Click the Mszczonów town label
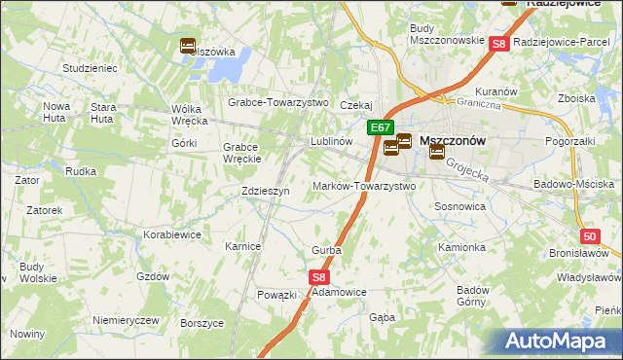pos(452,140)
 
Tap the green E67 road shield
pos(381,127)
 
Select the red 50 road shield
pos(590,236)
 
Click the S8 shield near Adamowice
pos(320,277)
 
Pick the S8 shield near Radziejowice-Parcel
pos(498,43)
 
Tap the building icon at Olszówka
pos(188,45)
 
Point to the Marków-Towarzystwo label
pos(363,186)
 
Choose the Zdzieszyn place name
pos(265,192)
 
